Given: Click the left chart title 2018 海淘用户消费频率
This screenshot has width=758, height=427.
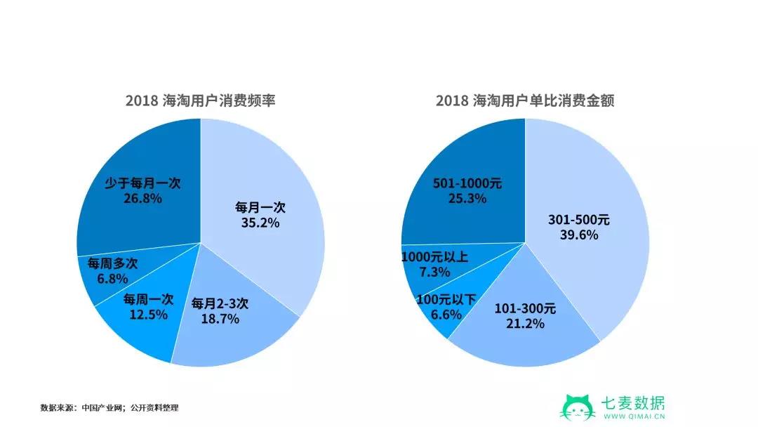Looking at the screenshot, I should [x=200, y=100].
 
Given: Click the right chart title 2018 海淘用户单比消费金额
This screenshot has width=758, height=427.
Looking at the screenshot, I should [x=524, y=100].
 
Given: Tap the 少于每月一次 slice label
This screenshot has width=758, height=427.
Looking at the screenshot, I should [x=138, y=183].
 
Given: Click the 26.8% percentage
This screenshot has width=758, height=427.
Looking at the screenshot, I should [x=138, y=198].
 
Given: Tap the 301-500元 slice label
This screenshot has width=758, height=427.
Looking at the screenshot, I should [x=578, y=220].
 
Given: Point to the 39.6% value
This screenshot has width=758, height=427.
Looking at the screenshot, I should [x=578, y=235].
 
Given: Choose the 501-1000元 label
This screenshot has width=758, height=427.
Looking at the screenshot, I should [x=467, y=183].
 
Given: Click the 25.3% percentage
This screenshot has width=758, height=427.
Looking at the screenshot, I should [x=467, y=199].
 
